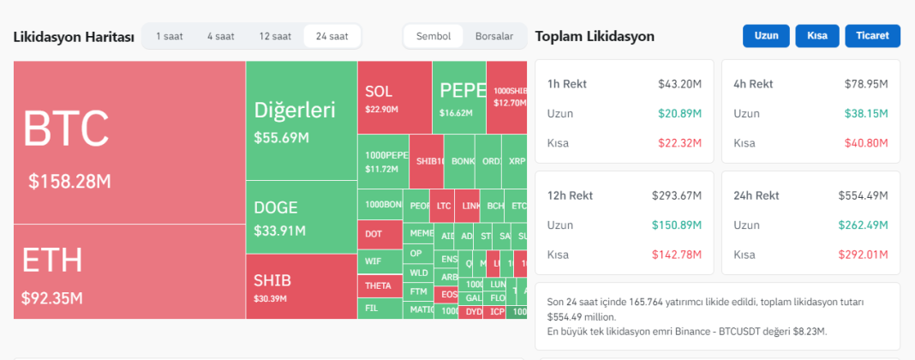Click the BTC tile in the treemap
[x=129, y=142]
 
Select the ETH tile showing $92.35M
[x=129, y=272]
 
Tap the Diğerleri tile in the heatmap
[x=301, y=120]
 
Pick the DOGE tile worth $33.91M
[x=301, y=217]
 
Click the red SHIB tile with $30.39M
[x=301, y=286]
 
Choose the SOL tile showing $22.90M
[x=394, y=98]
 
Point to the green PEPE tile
[x=458, y=98]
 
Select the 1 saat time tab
[x=169, y=36]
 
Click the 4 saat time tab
[x=220, y=36]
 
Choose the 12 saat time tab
[x=275, y=36]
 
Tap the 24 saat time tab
[x=332, y=36]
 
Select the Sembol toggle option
[x=434, y=36]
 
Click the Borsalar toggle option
[x=494, y=36]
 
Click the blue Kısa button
[x=816, y=36]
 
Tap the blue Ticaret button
[x=872, y=36]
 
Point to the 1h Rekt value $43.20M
[x=680, y=84]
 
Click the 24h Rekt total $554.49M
[x=863, y=195]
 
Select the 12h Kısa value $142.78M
[x=678, y=255]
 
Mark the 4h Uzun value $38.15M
[x=865, y=113]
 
